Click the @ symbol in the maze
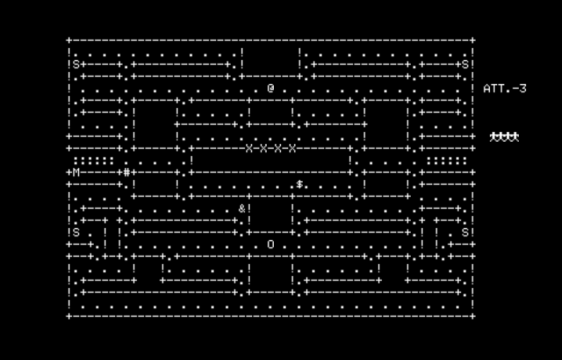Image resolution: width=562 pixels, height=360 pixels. pyautogui.click(x=271, y=88)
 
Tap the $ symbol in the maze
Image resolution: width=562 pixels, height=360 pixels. pyautogui.click(x=299, y=184)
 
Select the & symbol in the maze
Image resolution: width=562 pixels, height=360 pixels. pyautogui.click(x=241, y=209)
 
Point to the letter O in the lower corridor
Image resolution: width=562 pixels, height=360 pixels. pyautogui.click(x=271, y=244)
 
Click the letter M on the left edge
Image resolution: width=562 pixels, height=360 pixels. pyautogui.click(x=76, y=173)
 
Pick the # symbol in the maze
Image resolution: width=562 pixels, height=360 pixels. pyautogui.click(x=126, y=173)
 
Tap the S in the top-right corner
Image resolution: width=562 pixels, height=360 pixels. pyautogui.click(x=465, y=64)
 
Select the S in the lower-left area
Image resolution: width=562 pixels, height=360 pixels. pyautogui.click(x=76, y=232)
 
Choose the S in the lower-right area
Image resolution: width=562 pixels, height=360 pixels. pyautogui.click(x=465, y=232)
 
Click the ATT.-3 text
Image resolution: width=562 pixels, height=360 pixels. pyautogui.click(x=504, y=89)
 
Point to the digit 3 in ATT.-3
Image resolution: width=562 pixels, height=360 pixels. pyautogui.click(x=522, y=89)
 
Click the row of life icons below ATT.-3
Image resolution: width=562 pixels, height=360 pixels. pyautogui.click(x=504, y=137)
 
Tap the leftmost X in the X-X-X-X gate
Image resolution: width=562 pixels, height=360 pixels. pyautogui.click(x=249, y=148)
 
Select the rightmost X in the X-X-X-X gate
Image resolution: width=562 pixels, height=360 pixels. pyautogui.click(x=292, y=148)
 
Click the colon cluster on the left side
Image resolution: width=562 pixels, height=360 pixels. pyautogui.click(x=94, y=161)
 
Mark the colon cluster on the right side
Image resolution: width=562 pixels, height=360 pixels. pyautogui.click(x=447, y=161)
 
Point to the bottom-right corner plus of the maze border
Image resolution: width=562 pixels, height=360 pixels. pyautogui.click(x=473, y=316)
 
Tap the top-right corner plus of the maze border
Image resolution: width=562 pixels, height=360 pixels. pyautogui.click(x=473, y=40)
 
